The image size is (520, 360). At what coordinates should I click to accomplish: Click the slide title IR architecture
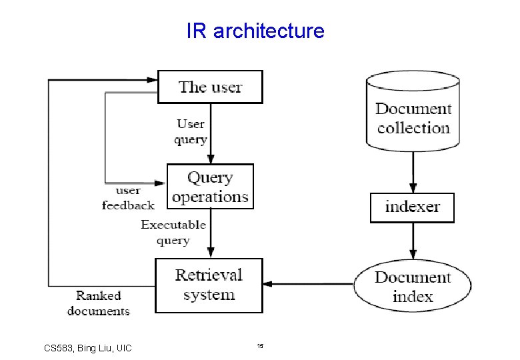tap(255, 31)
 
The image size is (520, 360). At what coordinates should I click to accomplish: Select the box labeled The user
tap(210, 87)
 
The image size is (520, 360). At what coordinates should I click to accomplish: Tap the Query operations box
tap(210, 187)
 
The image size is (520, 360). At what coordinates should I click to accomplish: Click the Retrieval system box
tap(209, 285)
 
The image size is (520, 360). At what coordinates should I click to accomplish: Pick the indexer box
tap(412, 207)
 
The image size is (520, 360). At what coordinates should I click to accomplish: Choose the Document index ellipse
tap(413, 287)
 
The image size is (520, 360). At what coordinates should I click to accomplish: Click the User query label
tap(191, 131)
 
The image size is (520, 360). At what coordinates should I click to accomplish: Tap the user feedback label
tap(127, 198)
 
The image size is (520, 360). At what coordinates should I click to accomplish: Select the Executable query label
tap(173, 232)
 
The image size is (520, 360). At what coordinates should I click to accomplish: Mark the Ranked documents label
tap(98, 303)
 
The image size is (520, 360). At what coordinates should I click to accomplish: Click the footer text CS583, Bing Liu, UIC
tap(87, 348)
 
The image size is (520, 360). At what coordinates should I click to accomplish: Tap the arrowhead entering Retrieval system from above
tap(210, 253)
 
